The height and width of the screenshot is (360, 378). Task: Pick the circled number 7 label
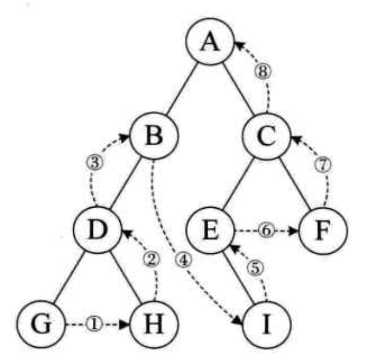[x=324, y=165]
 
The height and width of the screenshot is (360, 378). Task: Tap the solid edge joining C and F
[x=295, y=183]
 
